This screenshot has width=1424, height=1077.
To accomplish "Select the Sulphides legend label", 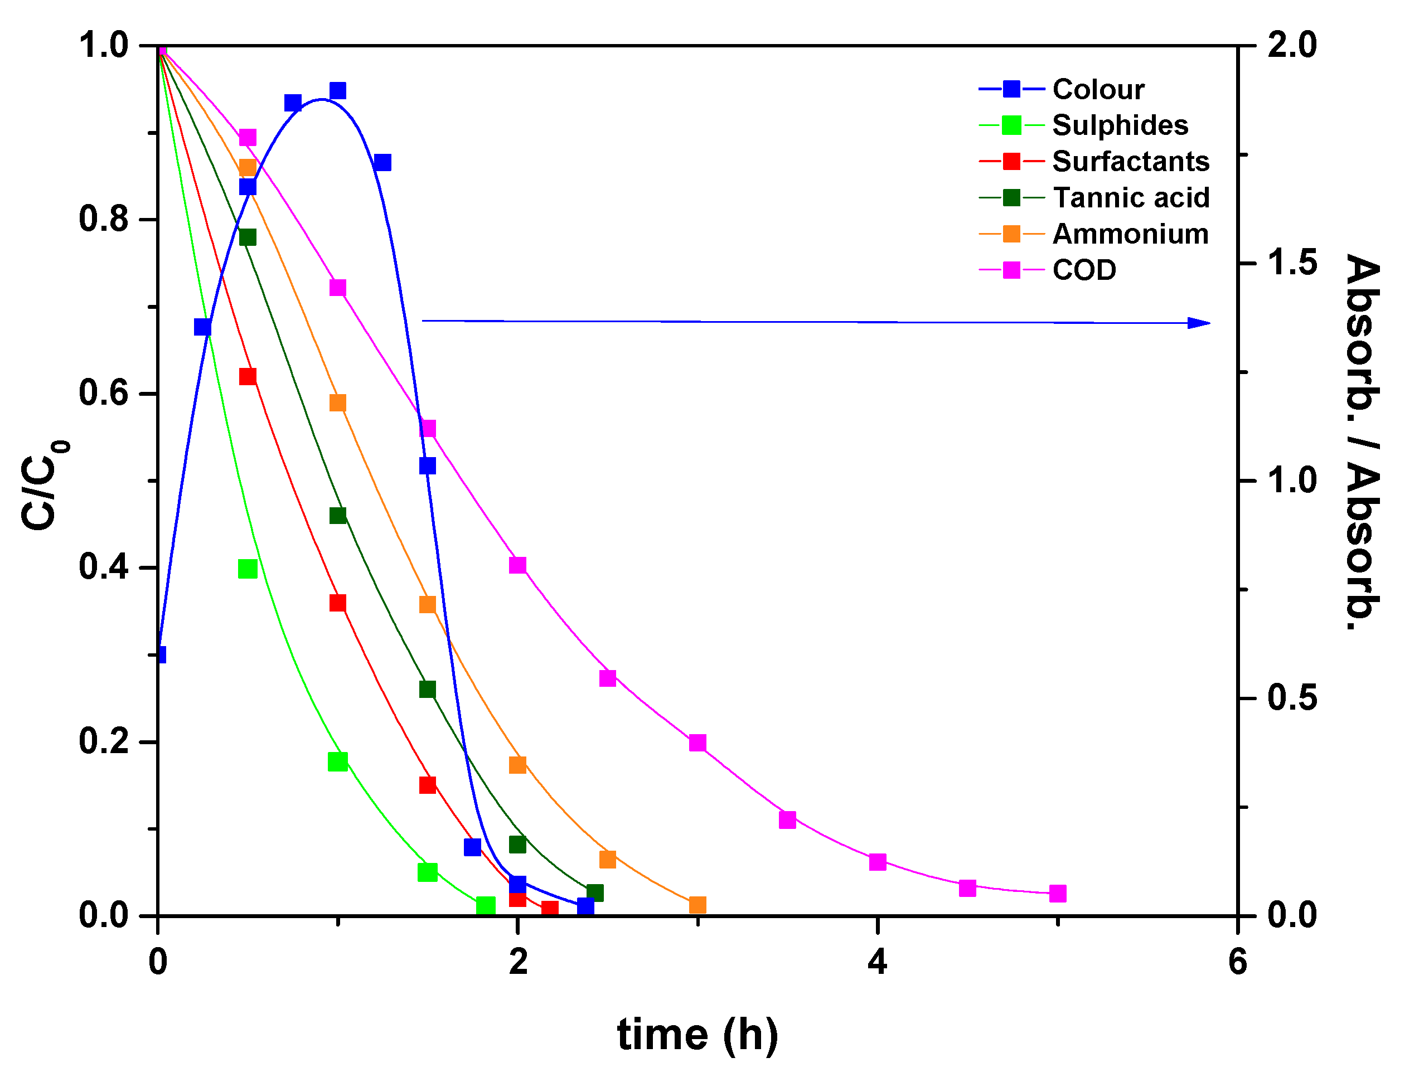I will pyautogui.click(x=1120, y=125).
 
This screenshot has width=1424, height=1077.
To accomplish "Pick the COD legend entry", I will pyautogui.click(x=1084, y=270).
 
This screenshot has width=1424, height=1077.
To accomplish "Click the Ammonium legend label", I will pyautogui.click(x=1130, y=234).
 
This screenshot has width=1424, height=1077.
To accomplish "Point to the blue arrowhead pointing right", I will pyautogui.click(x=1199, y=323).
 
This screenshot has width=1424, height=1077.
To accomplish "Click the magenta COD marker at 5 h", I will pyautogui.click(x=1058, y=894).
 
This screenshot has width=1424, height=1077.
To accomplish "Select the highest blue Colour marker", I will pyautogui.click(x=338, y=91).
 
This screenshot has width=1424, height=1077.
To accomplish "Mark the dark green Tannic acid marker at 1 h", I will pyautogui.click(x=338, y=516).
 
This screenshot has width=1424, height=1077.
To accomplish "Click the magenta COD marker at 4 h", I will pyautogui.click(x=878, y=862).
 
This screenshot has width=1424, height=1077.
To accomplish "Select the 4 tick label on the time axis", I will pyautogui.click(x=878, y=962).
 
